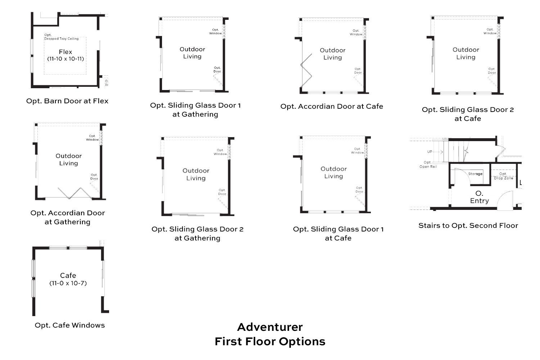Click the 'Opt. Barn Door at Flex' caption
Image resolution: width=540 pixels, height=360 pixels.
[x=67, y=101]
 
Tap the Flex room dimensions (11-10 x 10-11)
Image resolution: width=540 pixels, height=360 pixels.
[x=66, y=59]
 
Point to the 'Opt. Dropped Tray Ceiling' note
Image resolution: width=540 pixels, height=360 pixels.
[x=61, y=37]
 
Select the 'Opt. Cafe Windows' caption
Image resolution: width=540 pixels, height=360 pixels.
[x=70, y=325]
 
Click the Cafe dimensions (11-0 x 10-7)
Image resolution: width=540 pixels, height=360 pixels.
[x=68, y=283]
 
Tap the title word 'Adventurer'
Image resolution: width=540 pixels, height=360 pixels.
[x=270, y=327]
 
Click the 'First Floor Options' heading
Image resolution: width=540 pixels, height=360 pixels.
[x=270, y=342]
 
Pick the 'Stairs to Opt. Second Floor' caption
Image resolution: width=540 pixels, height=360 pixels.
[x=468, y=226]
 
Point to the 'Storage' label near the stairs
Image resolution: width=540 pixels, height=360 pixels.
[x=475, y=174]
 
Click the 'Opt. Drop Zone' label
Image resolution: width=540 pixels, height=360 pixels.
[x=503, y=176]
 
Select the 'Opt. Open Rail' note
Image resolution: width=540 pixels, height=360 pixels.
[x=428, y=165]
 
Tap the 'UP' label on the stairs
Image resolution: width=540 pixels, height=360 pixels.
[x=430, y=152]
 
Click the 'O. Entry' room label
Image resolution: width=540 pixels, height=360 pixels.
[x=480, y=197]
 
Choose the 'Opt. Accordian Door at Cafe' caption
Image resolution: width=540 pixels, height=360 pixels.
[x=332, y=107]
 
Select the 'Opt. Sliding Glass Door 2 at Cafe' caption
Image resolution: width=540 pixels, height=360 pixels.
[x=468, y=114]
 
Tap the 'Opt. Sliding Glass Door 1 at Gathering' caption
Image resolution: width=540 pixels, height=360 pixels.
[x=195, y=110]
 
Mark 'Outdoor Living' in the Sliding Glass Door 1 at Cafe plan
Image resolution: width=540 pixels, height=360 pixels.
[x=334, y=172]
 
